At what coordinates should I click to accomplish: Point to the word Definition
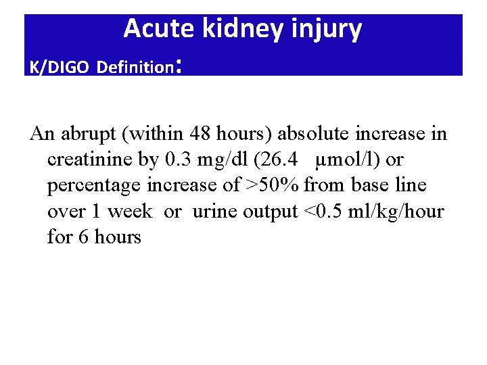coord(135,68)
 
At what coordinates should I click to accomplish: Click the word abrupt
coord(88,133)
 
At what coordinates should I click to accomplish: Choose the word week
coord(130,212)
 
